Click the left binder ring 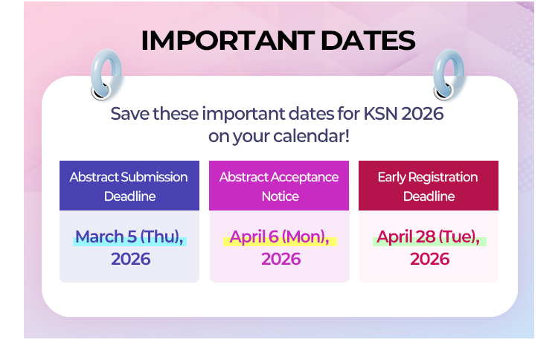click(103, 74)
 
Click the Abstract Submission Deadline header click(129, 186)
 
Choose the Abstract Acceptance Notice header click(279, 186)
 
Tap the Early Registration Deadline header click(428, 186)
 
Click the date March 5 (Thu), click(129, 237)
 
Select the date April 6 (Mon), click(279, 237)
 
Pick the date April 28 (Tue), click(428, 237)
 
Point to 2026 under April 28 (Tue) click(429, 259)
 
